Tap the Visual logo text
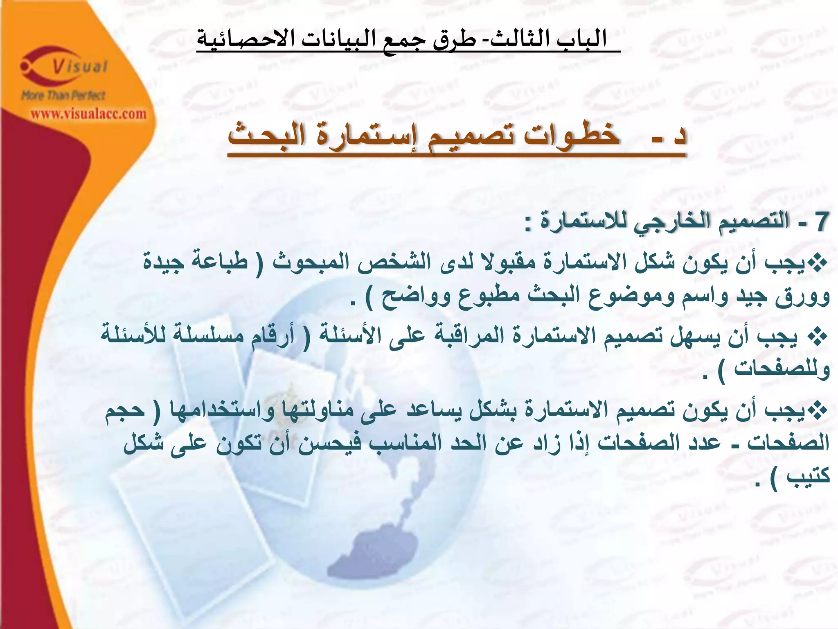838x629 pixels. (80, 66)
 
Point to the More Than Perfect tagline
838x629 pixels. (63, 96)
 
